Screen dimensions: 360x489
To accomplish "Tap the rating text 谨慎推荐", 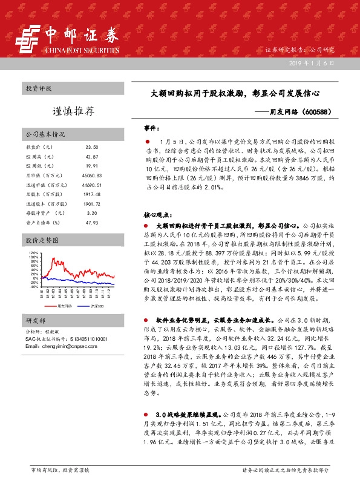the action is click(x=73, y=111).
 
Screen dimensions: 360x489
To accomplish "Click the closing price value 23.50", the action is click(x=91, y=147).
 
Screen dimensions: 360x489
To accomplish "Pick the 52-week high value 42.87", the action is click(x=91, y=156).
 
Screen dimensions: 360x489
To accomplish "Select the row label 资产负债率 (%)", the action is click(x=40, y=222).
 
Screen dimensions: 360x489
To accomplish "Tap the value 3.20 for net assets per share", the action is click(x=91, y=213).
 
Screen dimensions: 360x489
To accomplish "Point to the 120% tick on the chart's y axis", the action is click(x=33, y=253).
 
